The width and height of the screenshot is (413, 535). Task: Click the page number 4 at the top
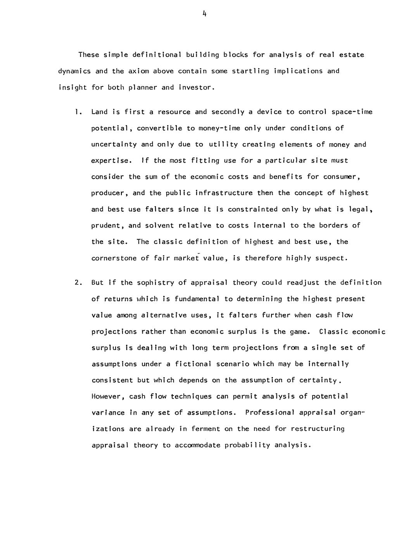tap(204, 14)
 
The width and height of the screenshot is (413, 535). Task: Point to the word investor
tap(196, 87)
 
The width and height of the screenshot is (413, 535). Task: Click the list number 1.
tap(78, 112)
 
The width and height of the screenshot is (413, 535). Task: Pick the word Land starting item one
tap(99, 112)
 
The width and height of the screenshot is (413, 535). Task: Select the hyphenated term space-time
tap(352, 112)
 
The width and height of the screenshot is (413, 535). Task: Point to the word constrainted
tap(252, 209)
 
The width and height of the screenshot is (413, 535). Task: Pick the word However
tap(108, 397)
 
